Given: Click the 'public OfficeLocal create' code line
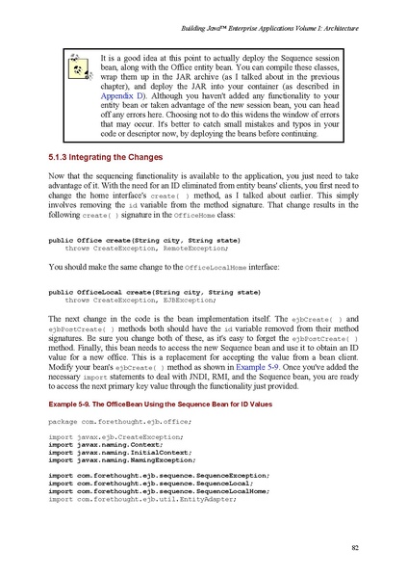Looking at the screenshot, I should tap(140, 291).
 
